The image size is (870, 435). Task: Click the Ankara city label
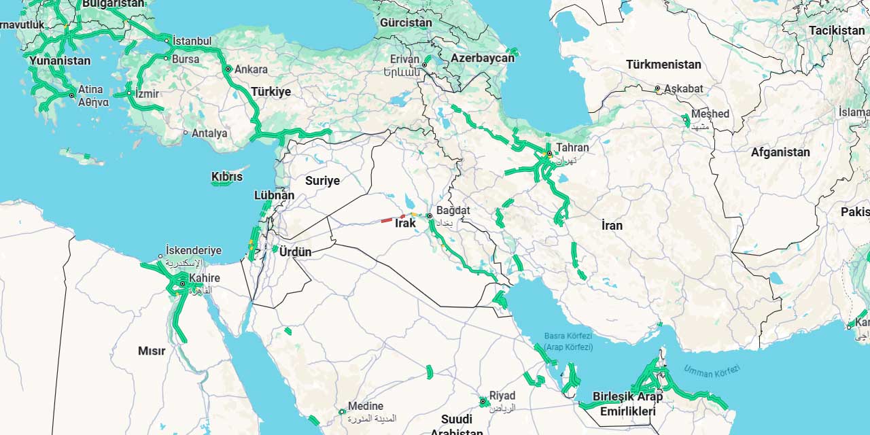click(251, 69)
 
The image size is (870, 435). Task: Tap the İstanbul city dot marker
click(167, 41)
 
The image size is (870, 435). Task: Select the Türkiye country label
click(271, 92)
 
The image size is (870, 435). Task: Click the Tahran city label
click(572, 147)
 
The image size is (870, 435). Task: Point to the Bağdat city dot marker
click(430, 216)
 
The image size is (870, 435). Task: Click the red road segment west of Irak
click(386, 220)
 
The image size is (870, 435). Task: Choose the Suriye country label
click(322, 181)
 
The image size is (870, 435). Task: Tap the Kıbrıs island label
click(227, 177)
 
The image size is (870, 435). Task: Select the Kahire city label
click(205, 278)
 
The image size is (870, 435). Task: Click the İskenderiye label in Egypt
click(194, 251)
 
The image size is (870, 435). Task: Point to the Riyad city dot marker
click(483, 402)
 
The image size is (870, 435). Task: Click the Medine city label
click(366, 406)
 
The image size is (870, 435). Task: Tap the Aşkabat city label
click(684, 89)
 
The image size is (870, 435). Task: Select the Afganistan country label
click(780, 152)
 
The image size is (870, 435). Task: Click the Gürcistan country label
click(406, 23)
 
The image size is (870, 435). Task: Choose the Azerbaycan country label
click(483, 58)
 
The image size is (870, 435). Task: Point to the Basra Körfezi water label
click(568, 336)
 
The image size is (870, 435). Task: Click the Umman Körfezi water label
click(712, 371)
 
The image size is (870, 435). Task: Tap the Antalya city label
click(209, 133)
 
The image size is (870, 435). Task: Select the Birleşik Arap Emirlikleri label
click(627, 404)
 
